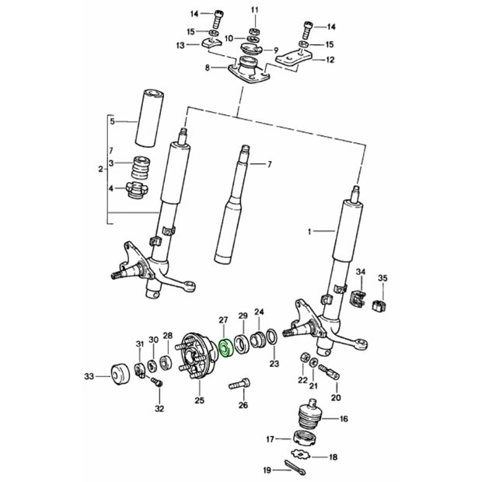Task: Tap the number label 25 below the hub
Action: tap(200, 400)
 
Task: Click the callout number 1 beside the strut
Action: tap(309, 231)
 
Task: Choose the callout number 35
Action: tap(382, 278)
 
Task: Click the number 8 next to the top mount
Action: tap(207, 68)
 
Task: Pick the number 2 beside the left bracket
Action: tap(101, 169)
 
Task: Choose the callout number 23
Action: tap(274, 363)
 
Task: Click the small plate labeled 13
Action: tap(208, 42)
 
